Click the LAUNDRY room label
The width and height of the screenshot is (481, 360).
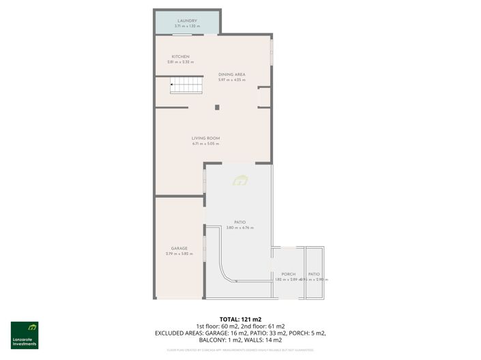pyautogui.click(x=187, y=21)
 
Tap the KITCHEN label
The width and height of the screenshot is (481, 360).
pyautogui.click(x=180, y=57)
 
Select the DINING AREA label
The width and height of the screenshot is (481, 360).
pyautogui.click(x=231, y=74)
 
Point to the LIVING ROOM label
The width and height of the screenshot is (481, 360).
pyautogui.click(x=205, y=138)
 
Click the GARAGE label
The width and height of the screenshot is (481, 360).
pyautogui.click(x=179, y=248)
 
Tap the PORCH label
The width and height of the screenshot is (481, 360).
pyautogui.click(x=288, y=274)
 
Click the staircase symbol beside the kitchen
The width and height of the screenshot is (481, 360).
pyautogui.click(x=186, y=86)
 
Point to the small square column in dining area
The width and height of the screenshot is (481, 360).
pyautogui.click(x=217, y=107)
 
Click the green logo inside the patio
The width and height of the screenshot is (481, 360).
pyautogui.click(x=239, y=180)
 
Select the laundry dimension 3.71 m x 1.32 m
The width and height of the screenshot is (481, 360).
pyautogui.click(x=187, y=27)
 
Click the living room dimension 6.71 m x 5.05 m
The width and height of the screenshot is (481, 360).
pyautogui.click(x=205, y=144)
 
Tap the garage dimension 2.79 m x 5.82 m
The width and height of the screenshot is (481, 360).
pyautogui.click(x=179, y=254)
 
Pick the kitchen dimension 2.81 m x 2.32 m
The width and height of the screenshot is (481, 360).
pyautogui.click(x=180, y=62)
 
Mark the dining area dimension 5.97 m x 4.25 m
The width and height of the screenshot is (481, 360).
pyautogui.click(x=231, y=80)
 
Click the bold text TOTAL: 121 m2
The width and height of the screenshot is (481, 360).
pyautogui.click(x=240, y=319)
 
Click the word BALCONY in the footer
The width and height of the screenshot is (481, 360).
pyautogui.click(x=212, y=339)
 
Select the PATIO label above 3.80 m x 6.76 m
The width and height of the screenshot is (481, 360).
pyautogui.click(x=239, y=222)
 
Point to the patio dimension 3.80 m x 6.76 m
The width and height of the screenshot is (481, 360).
pyautogui.click(x=239, y=228)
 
